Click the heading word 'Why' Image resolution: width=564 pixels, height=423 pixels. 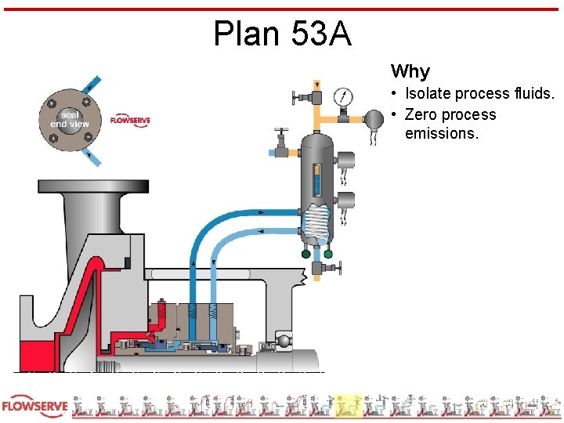click(410, 72)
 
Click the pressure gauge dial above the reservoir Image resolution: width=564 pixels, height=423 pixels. click(342, 97)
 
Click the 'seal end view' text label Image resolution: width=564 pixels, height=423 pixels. click(70, 119)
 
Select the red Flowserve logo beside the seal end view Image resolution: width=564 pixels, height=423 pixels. click(130, 121)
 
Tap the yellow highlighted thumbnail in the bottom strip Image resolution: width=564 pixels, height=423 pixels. click(349, 406)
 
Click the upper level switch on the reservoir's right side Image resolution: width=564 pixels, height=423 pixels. click(345, 160)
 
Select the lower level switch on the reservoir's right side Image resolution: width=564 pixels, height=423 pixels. click(345, 200)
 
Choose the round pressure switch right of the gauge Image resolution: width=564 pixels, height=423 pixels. click(373, 118)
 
